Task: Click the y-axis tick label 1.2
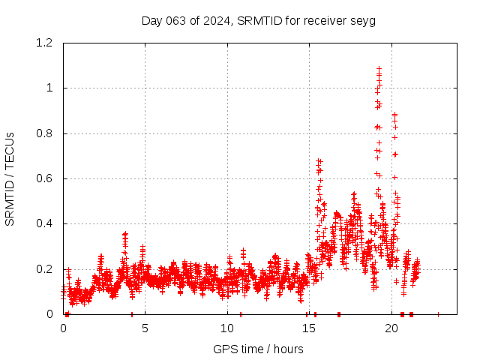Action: (x=46, y=43)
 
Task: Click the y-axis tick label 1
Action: (x=51, y=88)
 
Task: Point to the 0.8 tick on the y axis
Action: (x=46, y=133)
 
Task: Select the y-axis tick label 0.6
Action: (x=46, y=178)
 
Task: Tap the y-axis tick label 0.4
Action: (x=46, y=223)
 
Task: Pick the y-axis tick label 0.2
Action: (x=46, y=269)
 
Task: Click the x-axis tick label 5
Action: (x=145, y=328)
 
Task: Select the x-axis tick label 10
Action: (x=227, y=328)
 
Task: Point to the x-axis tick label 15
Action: (x=309, y=328)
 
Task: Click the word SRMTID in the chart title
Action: (x=258, y=20)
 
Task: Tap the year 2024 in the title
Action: (x=216, y=20)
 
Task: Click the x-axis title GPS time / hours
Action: (x=258, y=349)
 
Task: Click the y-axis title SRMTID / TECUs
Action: (x=10, y=178)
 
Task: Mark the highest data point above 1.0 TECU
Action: (x=379, y=69)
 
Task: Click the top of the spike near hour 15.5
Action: (x=319, y=160)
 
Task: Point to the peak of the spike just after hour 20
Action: (x=394, y=114)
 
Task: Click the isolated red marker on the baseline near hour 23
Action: (x=438, y=313)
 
